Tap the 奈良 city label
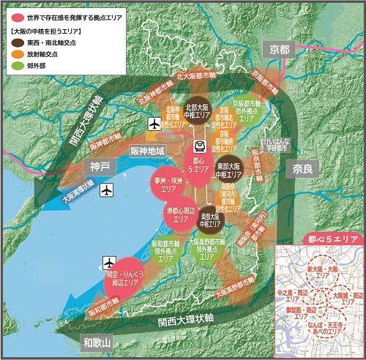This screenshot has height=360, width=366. tap(302, 168)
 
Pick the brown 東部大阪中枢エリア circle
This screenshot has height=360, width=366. tap(230, 170)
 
